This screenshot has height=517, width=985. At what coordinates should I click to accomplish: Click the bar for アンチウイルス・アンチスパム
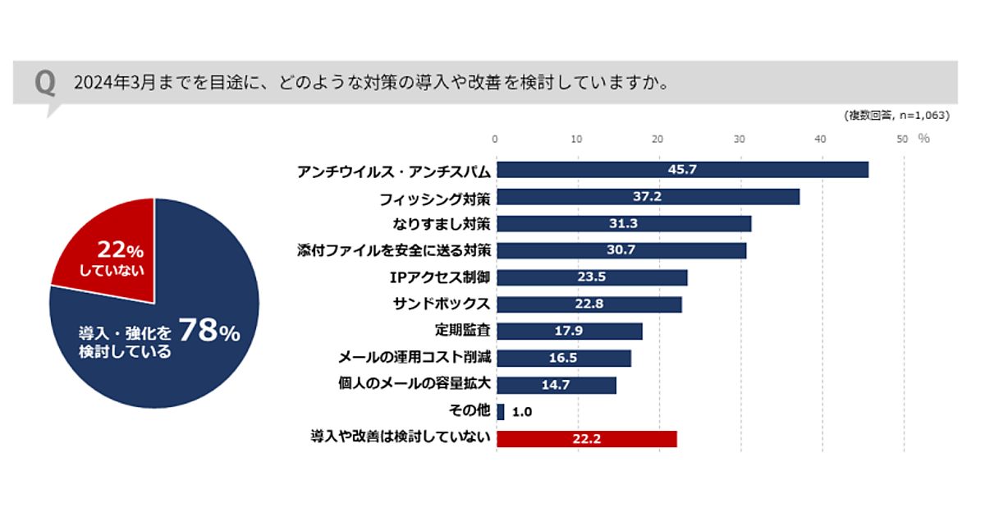click(x=681, y=170)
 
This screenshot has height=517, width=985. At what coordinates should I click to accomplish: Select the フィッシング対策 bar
click(x=648, y=197)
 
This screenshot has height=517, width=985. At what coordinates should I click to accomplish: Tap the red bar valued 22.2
click(x=587, y=439)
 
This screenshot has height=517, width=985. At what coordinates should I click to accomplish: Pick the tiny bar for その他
click(x=501, y=412)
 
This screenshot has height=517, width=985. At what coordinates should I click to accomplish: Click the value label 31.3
click(x=624, y=224)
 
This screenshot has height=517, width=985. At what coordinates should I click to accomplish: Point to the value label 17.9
click(x=569, y=332)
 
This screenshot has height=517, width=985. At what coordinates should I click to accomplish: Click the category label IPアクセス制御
click(x=442, y=277)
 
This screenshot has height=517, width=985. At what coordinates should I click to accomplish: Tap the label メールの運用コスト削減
click(x=415, y=358)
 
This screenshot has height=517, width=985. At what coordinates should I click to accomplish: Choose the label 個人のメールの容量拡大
click(x=415, y=385)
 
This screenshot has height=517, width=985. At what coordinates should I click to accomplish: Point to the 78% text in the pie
click(x=208, y=332)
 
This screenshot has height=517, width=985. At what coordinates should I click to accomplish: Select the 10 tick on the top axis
click(x=577, y=139)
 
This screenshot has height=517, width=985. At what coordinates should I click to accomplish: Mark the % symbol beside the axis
click(x=923, y=139)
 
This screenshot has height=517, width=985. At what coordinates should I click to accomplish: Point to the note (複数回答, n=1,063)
click(x=896, y=116)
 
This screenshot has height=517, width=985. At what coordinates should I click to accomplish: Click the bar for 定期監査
click(x=570, y=332)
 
